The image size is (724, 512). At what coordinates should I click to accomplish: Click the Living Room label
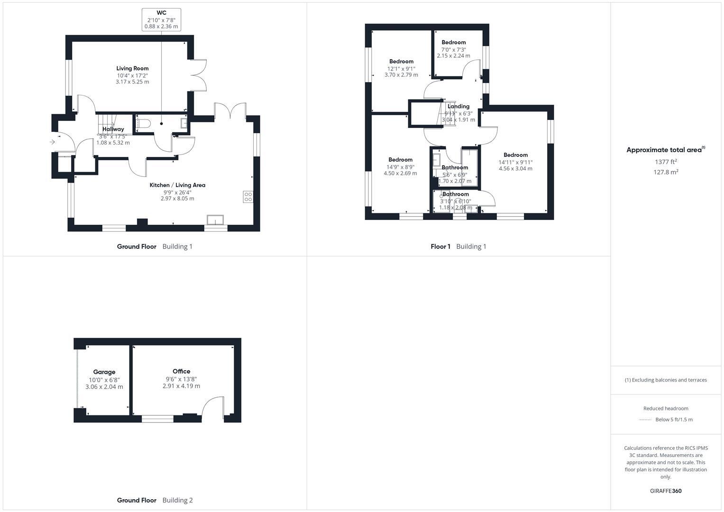pos(132,68)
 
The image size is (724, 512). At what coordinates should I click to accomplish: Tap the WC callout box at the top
pos(161,19)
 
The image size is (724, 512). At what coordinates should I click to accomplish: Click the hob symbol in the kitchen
pos(248,196)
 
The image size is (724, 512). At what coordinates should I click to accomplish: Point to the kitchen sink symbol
pos(215,220)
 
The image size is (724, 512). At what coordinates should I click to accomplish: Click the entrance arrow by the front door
pos(52,142)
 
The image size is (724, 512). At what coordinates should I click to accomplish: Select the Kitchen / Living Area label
pos(177,185)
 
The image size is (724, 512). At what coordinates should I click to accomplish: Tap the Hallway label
pos(113,129)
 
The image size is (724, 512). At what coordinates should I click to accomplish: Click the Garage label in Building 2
pos(104,372)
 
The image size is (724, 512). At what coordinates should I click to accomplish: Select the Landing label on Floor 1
pos(458,106)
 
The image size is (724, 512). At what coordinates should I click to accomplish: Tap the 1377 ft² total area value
pos(666,162)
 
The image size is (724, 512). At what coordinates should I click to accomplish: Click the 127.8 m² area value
pos(666,172)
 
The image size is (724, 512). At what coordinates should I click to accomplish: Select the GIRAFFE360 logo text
pos(666,491)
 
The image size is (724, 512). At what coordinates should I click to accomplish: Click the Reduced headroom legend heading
pos(666,408)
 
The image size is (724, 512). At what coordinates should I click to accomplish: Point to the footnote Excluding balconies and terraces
pos(666,380)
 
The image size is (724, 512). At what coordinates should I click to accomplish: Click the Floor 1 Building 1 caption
pos(458,247)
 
